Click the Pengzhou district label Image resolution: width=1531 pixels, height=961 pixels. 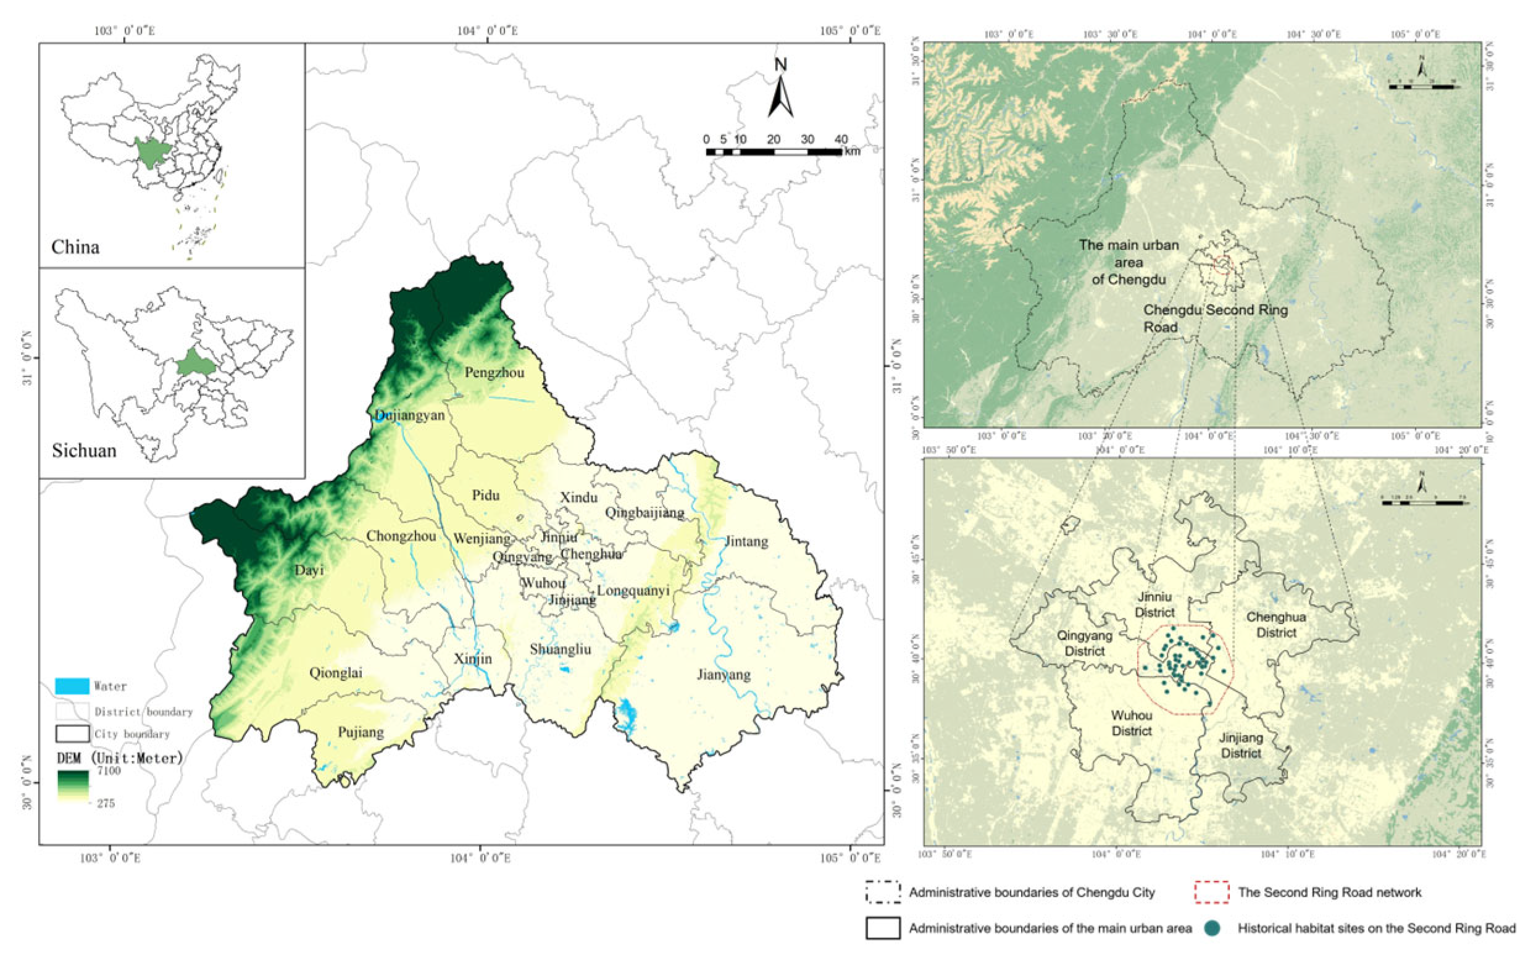(494, 372)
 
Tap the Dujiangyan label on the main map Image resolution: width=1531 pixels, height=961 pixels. (409, 415)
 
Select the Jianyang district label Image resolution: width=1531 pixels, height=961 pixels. (724, 675)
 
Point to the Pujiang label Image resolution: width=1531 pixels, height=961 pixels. (361, 732)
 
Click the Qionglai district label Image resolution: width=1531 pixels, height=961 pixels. (336, 672)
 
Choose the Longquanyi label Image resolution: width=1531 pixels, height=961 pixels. (633, 591)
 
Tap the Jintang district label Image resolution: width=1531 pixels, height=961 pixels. (746, 541)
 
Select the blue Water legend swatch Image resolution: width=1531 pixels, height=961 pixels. (72, 686)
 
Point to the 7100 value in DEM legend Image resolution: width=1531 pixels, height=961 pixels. (109, 771)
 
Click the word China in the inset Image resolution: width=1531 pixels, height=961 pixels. (75, 247)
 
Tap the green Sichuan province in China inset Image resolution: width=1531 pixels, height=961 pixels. (153, 151)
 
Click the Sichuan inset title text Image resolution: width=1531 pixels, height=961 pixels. (84, 451)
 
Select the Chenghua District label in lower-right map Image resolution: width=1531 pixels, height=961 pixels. (1275, 624)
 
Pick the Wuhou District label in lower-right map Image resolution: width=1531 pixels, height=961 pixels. (1131, 723)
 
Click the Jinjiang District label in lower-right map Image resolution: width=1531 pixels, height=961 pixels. (1241, 745)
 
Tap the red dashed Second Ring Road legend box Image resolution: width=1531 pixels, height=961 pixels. (1211, 892)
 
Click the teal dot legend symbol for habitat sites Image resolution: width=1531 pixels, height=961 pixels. (1212, 928)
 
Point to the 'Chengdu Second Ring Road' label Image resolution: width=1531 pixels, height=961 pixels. (1214, 318)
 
